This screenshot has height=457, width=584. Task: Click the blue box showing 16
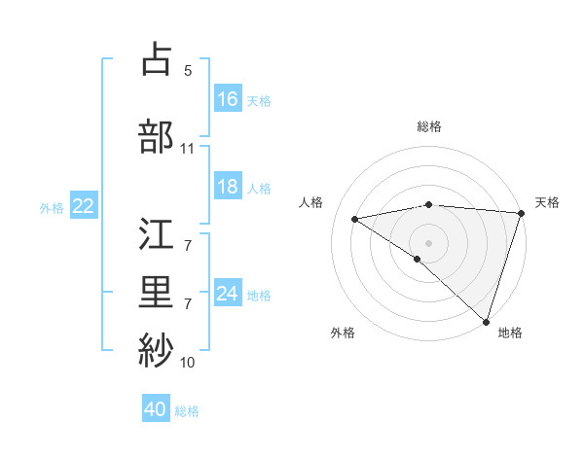click(x=228, y=98)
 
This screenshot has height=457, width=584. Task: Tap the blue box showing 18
click(x=228, y=187)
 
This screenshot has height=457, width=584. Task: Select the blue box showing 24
click(x=228, y=294)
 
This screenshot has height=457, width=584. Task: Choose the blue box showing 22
click(x=84, y=206)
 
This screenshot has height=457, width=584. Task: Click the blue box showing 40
click(x=156, y=409)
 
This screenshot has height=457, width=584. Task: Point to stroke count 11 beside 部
click(x=187, y=149)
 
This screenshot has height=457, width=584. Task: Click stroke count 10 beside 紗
click(x=187, y=363)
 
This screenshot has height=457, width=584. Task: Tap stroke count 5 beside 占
click(x=187, y=71)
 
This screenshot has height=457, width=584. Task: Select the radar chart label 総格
click(x=428, y=126)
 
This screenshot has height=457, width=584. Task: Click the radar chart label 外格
click(x=343, y=333)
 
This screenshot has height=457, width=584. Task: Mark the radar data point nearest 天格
click(x=521, y=213)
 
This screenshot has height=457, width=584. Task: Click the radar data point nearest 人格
click(x=355, y=219)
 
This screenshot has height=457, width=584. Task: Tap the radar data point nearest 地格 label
click(x=486, y=320)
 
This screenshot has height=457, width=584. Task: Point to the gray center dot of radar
click(x=428, y=242)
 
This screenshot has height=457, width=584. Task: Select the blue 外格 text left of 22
click(x=52, y=207)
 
